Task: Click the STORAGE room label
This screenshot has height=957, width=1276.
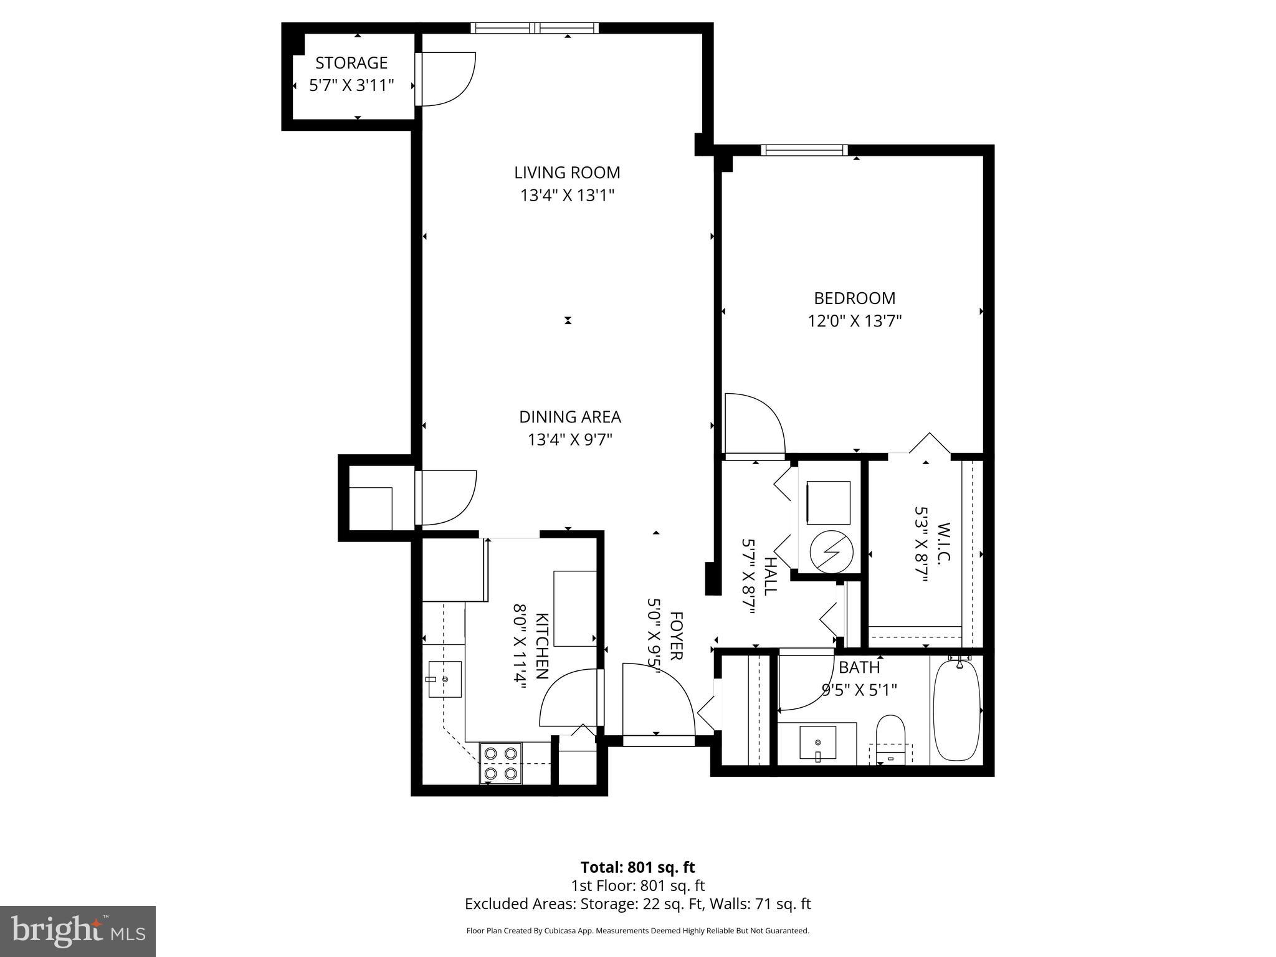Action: pos(351,63)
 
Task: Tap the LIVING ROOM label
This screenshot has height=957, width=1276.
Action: pos(567,173)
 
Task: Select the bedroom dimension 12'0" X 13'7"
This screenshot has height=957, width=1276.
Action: pos(855,321)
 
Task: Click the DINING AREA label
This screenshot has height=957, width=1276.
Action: pos(570,417)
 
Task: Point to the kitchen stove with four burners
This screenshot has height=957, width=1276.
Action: pos(501,763)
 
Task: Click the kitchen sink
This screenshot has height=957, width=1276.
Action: pos(445,679)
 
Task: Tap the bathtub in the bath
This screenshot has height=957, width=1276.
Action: pos(956,710)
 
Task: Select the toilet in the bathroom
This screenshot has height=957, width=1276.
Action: pos(890,738)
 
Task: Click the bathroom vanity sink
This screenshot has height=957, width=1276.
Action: pos(817,743)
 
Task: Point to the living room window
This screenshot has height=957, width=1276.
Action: pos(535,27)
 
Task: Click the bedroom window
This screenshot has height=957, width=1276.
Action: pos(804,150)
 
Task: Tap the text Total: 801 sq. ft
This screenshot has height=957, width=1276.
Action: pos(637,867)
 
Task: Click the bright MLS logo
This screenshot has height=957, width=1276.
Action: pos(78,931)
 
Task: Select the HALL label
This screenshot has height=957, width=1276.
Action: pos(771,576)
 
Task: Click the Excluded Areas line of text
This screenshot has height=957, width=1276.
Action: pos(637,903)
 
